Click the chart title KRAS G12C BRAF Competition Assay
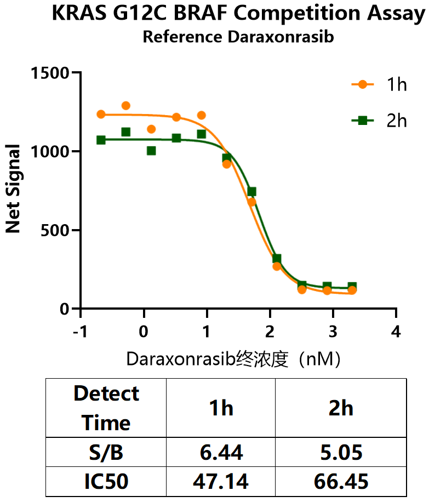click(238, 14)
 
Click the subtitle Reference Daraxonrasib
click(238, 37)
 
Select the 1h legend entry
click(379, 84)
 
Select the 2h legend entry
click(379, 121)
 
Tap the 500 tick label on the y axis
click(55, 230)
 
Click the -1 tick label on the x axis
click(80, 332)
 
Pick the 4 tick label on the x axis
click(396, 332)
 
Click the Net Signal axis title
click(13, 189)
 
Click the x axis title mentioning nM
click(233, 359)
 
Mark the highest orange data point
click(126, 106)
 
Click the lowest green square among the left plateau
click(151, 151)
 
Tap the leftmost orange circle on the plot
click(101, 115)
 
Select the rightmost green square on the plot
click(352, 287)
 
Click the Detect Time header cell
click(106, 408)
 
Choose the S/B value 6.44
click(221, 452)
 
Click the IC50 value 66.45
click(341, 482)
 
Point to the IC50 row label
click(106, 482)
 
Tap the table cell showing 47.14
click(221, 482)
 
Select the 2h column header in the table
click(341, 408)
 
